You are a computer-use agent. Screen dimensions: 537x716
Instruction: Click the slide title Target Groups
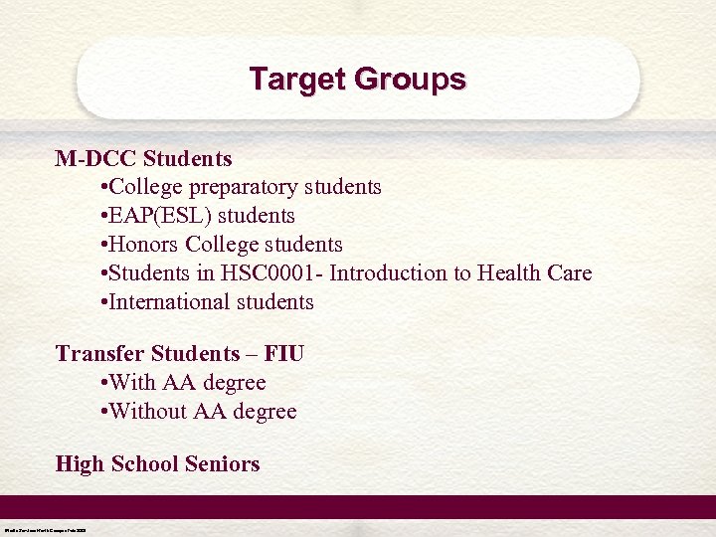tap(357, 79)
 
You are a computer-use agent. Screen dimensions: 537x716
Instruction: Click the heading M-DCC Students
tap(143, 158)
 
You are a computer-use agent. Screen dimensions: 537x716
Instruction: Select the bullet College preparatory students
tap(241, 187)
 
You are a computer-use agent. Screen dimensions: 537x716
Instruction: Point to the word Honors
tap(143, 245)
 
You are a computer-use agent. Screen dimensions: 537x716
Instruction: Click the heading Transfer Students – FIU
tap(180, 354)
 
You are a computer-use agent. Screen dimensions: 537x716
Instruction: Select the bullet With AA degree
tap(184, 383)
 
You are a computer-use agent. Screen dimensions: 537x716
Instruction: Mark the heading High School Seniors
tap(157, 464)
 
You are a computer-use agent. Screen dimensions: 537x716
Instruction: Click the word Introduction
tap(399, 273)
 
